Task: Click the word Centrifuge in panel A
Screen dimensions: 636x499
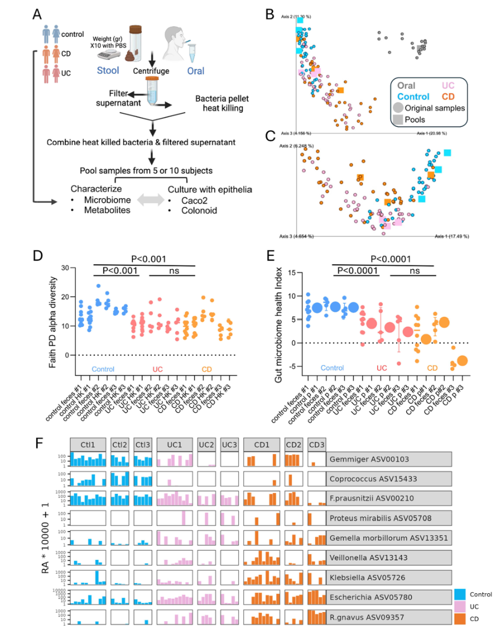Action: [x=150, y=71]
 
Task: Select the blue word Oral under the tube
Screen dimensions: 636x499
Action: [x=195, y=71]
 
